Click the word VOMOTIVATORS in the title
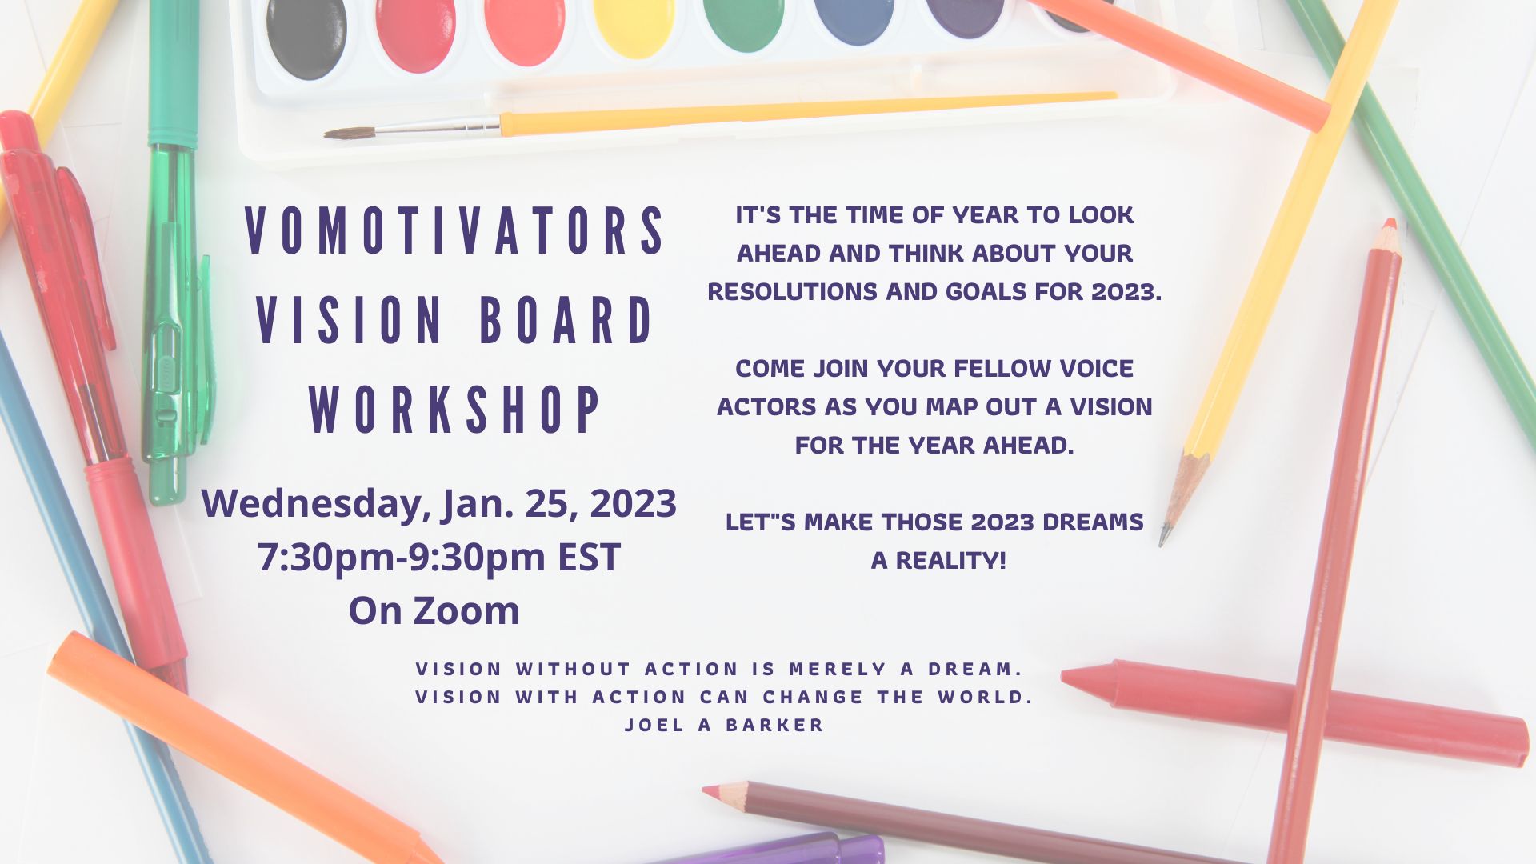pyautogui.click(x=454, y=230)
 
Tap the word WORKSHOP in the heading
pyautogui.click(x=454, y=410)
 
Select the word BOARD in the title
pyautogui.click(x=566, y=320)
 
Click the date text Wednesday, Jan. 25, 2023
pyautogui.click(x=438, y=504)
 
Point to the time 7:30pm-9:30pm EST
pyautogui.click(x=438, y=557)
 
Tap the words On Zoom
pyautogui.click(x=434, y=610)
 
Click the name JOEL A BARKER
pyautogui.click(x=724, y=725)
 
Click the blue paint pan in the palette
pyautogui.click(x=855, y=20)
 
